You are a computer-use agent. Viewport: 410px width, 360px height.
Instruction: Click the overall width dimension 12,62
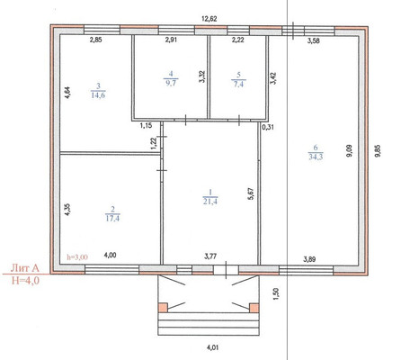209,19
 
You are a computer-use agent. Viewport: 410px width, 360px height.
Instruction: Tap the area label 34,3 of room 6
316,157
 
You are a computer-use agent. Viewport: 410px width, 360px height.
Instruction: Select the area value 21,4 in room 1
210,201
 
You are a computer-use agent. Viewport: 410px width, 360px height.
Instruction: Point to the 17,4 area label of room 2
112,218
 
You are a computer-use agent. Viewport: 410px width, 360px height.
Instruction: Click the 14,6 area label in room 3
98,95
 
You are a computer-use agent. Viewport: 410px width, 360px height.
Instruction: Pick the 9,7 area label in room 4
171,83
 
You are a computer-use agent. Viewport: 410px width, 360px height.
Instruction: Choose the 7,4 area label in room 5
238,84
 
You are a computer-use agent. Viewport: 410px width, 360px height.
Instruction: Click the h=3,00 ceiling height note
77,257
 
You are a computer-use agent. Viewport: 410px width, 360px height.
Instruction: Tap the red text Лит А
25,268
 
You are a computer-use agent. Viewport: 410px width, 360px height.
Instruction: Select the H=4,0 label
25,281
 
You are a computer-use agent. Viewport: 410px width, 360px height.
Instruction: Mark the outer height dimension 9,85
378,151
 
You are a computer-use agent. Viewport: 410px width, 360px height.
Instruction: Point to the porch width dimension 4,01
212,347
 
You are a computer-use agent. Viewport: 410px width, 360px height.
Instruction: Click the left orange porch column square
163,308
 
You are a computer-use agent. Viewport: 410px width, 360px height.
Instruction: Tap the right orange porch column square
254,308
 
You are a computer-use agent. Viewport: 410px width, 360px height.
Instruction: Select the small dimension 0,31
268,127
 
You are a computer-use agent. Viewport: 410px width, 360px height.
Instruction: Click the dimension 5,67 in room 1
251,193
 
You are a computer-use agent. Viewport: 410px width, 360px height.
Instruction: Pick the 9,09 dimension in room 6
349,151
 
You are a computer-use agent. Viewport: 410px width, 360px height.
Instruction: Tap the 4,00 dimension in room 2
110,256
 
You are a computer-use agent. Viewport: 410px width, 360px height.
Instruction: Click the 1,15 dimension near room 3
146,126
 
